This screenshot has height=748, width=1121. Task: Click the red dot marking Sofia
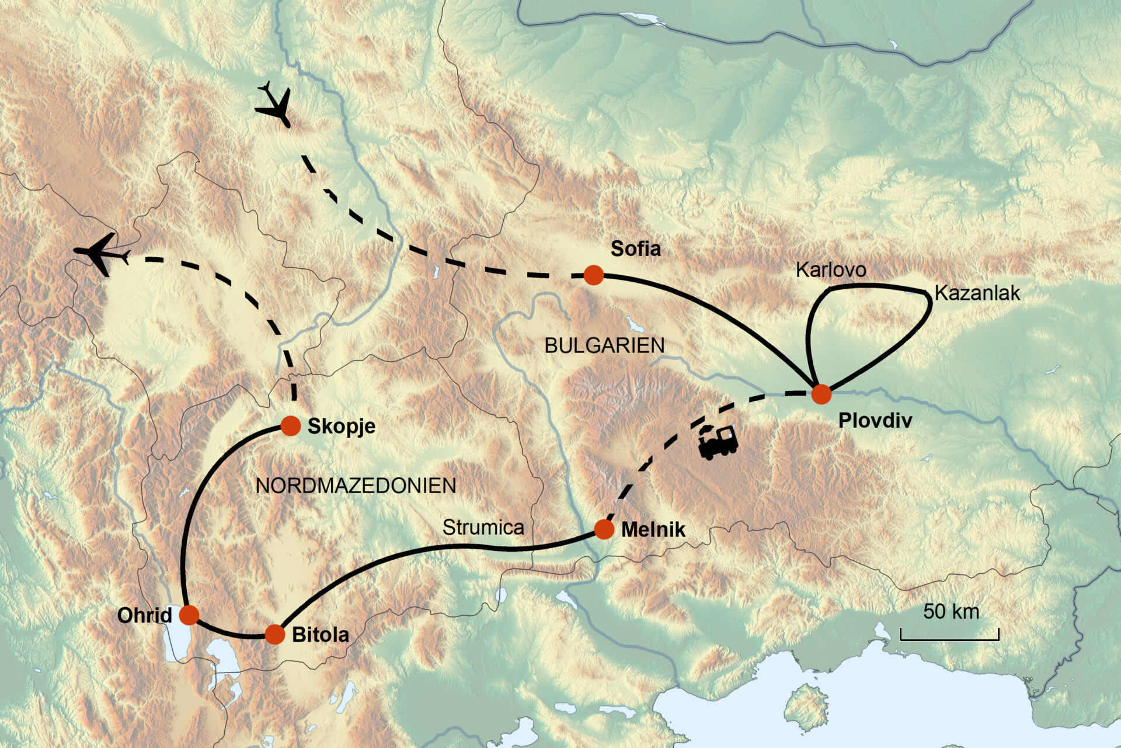pos(593,275)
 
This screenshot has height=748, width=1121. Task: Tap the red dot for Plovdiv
pos(821,394)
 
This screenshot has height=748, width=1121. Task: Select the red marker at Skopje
pos(290,426)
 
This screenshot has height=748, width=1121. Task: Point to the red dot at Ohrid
pos(189,615)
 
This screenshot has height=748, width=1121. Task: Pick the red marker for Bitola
pos(274,634)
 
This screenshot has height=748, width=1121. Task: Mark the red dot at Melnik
pos(604,529)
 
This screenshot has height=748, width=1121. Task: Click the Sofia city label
pos(636,249)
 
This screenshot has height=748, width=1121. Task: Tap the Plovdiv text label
pos(875,421)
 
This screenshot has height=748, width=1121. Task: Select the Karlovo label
pos(831,270)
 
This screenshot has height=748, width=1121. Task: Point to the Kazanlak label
pos(977,293)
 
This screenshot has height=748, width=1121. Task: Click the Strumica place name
pos(483,528)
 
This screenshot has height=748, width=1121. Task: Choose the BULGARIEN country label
pos(604,346)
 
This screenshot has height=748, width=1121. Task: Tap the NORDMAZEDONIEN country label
pos(356,486)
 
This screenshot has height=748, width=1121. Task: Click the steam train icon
pos(718,442)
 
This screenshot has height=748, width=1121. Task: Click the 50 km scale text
pos(951,612)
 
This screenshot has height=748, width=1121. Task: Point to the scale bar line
pos(949,638)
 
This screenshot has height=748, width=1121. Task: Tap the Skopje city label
pos(341,427)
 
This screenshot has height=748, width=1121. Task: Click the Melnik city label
pos(653,530)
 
